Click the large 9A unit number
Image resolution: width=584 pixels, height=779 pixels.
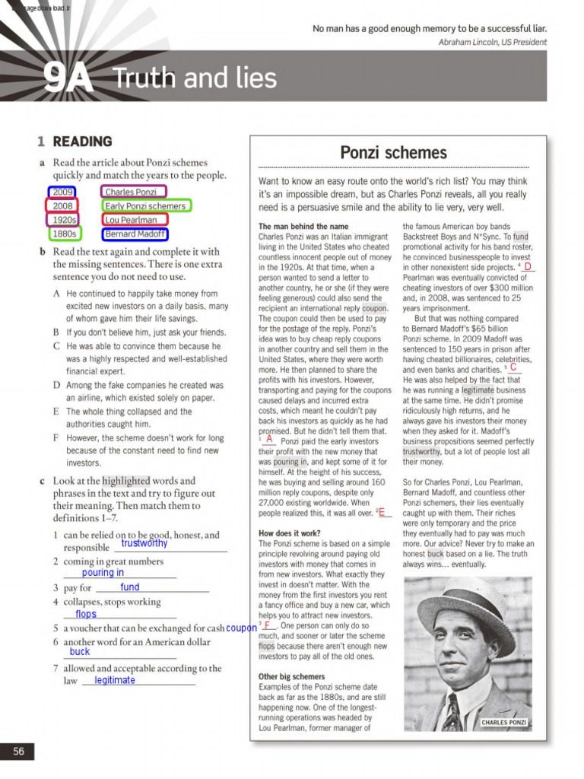(x=68, y=78)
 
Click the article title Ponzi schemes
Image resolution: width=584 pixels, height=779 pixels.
(x=393, y=152)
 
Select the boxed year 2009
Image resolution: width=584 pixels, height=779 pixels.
(x=62, y=192)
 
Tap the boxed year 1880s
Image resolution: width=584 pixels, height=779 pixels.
(x=64, y=234)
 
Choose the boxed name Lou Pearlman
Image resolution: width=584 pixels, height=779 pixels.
(x=134, y=221)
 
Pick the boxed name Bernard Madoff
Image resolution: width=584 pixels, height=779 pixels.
(x=135, y=234)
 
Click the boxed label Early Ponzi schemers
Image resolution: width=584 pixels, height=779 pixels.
(x=145, y=206)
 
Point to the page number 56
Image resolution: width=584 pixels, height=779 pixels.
(x=18, y=752)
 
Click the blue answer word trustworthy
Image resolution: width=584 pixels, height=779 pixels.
(x=144, y=544)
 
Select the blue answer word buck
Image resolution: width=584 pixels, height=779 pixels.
(x=80, y=652)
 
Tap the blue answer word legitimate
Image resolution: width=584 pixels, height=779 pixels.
(x=115, y=680)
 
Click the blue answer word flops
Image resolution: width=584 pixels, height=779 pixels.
(x=86, y=614)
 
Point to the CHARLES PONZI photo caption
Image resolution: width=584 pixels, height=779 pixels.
(x=503, y=722)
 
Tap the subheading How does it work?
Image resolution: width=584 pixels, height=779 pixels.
(x=289, y=533)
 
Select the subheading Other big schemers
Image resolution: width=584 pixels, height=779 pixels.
(x=291, y=676)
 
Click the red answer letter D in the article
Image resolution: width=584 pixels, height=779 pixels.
(x=527, y=266)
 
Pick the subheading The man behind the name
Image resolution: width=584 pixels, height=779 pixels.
(x=303, y=227)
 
